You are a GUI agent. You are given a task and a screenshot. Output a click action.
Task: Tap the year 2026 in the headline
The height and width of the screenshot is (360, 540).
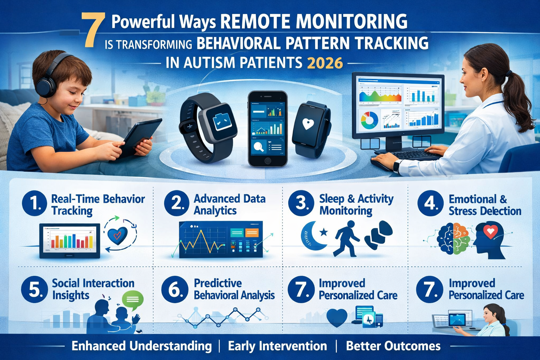(325, 63)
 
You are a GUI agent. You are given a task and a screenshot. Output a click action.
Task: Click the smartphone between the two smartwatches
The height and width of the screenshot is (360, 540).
(267, 128)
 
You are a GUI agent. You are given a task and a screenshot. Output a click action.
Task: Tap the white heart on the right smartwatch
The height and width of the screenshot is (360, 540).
(308, 124)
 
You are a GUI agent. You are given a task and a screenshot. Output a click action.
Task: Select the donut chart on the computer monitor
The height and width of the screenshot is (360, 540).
(369, 120)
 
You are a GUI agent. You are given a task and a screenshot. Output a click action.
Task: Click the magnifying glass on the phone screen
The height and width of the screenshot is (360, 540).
(259, 146)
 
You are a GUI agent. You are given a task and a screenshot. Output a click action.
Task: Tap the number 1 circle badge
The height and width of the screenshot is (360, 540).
(34, 203)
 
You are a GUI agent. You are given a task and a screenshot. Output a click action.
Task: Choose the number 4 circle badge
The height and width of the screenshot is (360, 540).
(430, 203)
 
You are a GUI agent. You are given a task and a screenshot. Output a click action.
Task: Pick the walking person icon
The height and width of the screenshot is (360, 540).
(346, 238)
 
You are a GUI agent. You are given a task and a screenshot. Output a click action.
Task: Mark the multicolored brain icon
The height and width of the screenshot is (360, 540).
(454, 238)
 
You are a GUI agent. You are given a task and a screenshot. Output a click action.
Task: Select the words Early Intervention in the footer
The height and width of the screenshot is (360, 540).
(277, 346)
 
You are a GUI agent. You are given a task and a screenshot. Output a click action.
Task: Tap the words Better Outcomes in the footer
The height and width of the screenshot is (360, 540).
(393, 346)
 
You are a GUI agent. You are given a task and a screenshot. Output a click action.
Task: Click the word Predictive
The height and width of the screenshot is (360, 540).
(218, 283)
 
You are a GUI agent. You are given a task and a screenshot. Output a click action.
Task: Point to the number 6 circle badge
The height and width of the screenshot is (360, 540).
(174, 289)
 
